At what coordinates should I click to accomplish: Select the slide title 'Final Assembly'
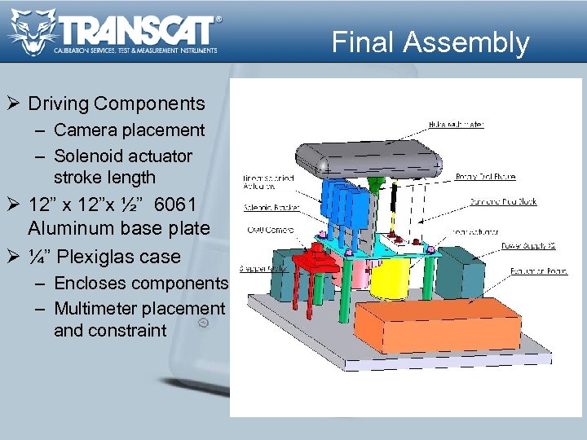point(430,42)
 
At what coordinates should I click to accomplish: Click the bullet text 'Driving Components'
point(117,103)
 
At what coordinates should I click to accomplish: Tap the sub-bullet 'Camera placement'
point(130,130)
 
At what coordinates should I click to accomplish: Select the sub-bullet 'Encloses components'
point(141,283)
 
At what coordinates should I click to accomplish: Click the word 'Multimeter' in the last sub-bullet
point(96,309)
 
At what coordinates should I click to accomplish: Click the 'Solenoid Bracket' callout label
point(271,207)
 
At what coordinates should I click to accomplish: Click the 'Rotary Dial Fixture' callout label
point(483,177)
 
